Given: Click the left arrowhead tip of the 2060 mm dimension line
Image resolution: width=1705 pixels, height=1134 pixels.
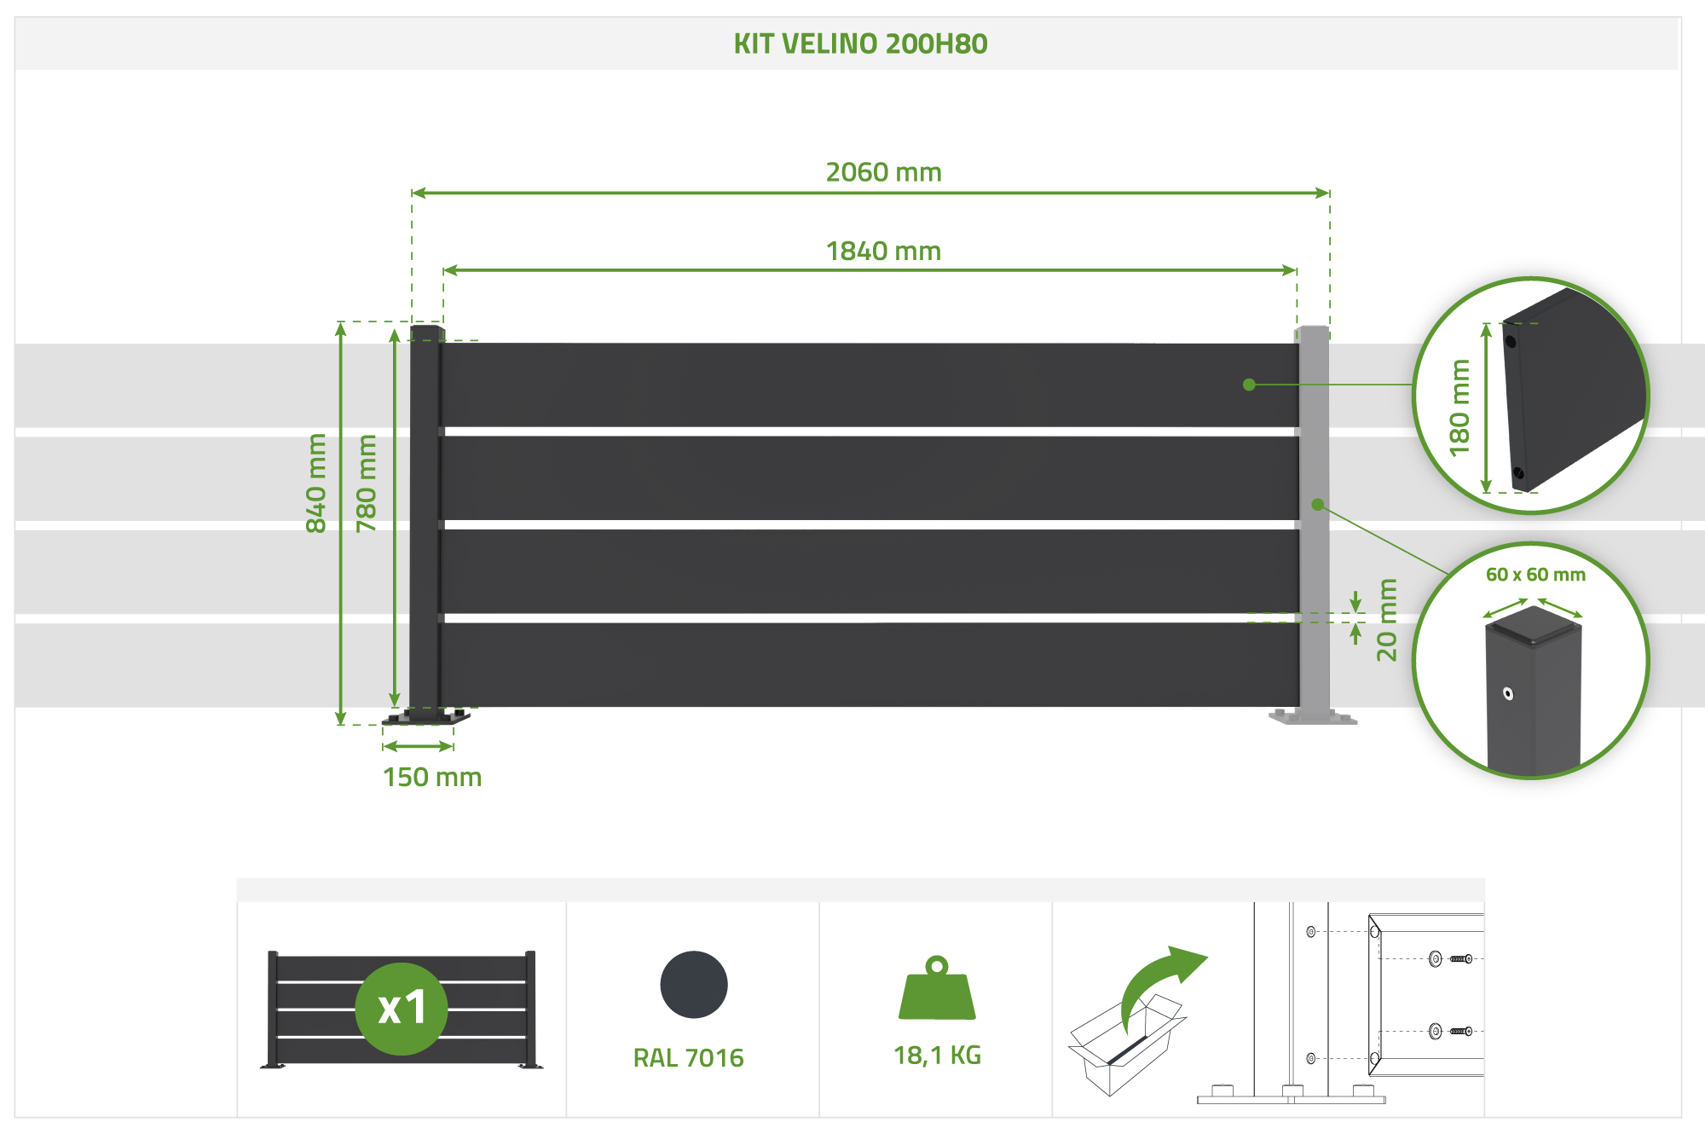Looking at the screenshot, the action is click(413, 193).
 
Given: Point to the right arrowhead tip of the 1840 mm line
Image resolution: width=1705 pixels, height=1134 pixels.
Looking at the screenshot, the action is click(1297, 270).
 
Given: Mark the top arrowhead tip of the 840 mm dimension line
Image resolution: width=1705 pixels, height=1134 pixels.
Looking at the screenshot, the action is click(341, 323).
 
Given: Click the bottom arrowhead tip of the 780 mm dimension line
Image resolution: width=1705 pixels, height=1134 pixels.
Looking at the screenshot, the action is click(395, 707).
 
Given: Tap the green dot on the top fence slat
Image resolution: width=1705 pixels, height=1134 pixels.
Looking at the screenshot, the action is click(1249, 385).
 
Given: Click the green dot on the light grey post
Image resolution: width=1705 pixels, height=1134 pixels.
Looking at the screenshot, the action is click(1317, 505).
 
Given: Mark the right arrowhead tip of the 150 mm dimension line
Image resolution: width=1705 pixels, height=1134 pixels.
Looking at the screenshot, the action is click(453, 746).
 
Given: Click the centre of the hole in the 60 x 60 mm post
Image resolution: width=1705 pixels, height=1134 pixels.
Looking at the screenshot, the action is click(1508, 693).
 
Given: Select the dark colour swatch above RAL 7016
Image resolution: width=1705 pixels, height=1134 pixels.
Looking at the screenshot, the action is click(694, 984).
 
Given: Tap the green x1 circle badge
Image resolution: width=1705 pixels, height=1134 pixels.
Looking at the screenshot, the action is click(402, 1009).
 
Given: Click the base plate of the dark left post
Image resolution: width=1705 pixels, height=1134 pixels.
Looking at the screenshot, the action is click(425, 717).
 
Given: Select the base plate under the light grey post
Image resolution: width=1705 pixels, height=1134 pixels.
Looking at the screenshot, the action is click(1313, 717).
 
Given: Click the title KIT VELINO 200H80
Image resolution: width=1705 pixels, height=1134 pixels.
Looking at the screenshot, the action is click(860, 43).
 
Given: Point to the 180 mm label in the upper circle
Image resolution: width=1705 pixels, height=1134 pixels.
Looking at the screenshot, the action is click(1459, 408).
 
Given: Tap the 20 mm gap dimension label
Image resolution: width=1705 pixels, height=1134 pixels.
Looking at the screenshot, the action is click(1387, 620).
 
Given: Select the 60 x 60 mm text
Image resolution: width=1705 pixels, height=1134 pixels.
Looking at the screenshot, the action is click(1535, 575).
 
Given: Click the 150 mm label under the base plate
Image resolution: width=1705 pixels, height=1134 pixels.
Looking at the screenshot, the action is click(432, 778).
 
